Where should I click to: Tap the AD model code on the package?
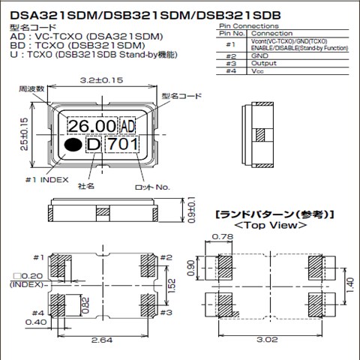click(x=127, y=124)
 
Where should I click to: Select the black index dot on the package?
click(x=73, y=144)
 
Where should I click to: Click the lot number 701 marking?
click(x=121, y=144)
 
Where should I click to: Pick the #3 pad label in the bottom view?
click(x=166, y=311)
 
